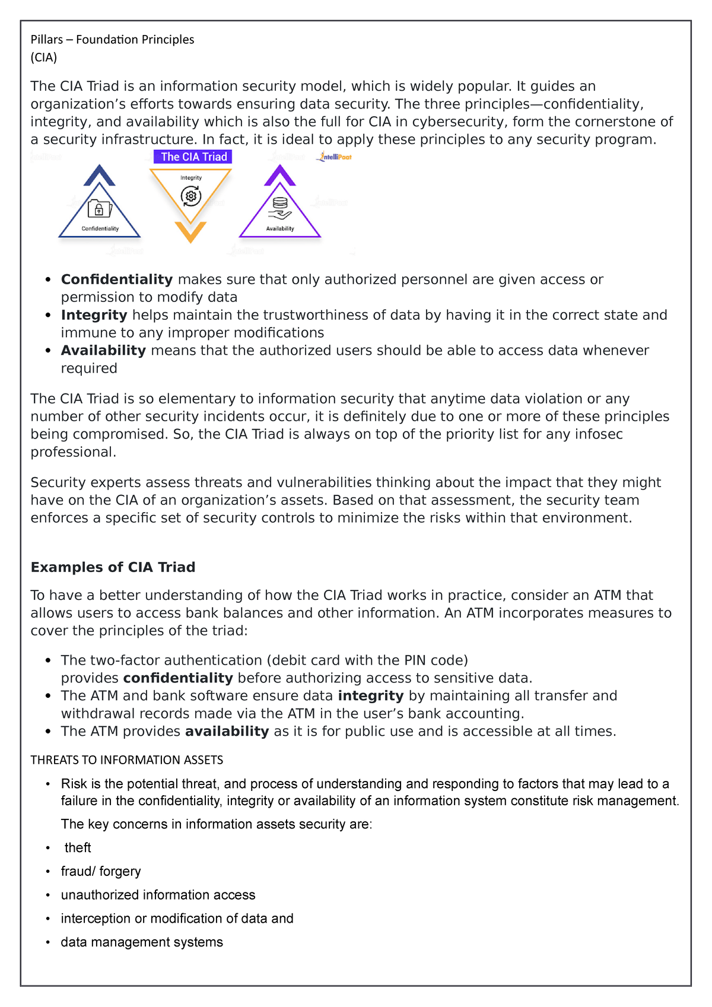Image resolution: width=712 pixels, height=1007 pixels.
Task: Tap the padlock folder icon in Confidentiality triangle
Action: point(99,209)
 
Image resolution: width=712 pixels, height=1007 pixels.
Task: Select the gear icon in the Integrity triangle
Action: point(190,196)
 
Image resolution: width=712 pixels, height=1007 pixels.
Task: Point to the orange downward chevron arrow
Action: point(190,231)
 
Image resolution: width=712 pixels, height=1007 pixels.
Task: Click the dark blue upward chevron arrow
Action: point(100,175)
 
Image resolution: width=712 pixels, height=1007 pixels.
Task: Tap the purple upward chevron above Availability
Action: point(280,175)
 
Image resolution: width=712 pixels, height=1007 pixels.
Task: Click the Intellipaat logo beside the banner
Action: point(335,157)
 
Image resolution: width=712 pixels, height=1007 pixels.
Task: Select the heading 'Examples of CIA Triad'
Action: point(113,567)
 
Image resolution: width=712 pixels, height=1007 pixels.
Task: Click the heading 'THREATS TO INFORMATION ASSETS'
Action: point(127,760)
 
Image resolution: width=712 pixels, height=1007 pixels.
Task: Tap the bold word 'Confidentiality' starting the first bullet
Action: point(117,279)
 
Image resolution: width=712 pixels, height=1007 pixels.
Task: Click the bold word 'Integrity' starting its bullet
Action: point(94,315)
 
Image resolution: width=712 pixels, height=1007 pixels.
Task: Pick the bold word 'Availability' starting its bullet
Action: point(103,351)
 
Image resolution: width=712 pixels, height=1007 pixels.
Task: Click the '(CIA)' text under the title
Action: point(44,58)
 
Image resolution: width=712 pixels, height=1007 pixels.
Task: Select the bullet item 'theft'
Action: point(78,848)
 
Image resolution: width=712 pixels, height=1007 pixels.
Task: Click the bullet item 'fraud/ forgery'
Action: point(101,872)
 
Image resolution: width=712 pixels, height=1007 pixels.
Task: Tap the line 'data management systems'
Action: point(142,942)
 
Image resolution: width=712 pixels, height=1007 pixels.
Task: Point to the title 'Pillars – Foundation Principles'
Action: point(113,40)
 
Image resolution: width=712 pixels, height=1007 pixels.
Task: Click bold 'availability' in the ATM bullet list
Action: point(227,732)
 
